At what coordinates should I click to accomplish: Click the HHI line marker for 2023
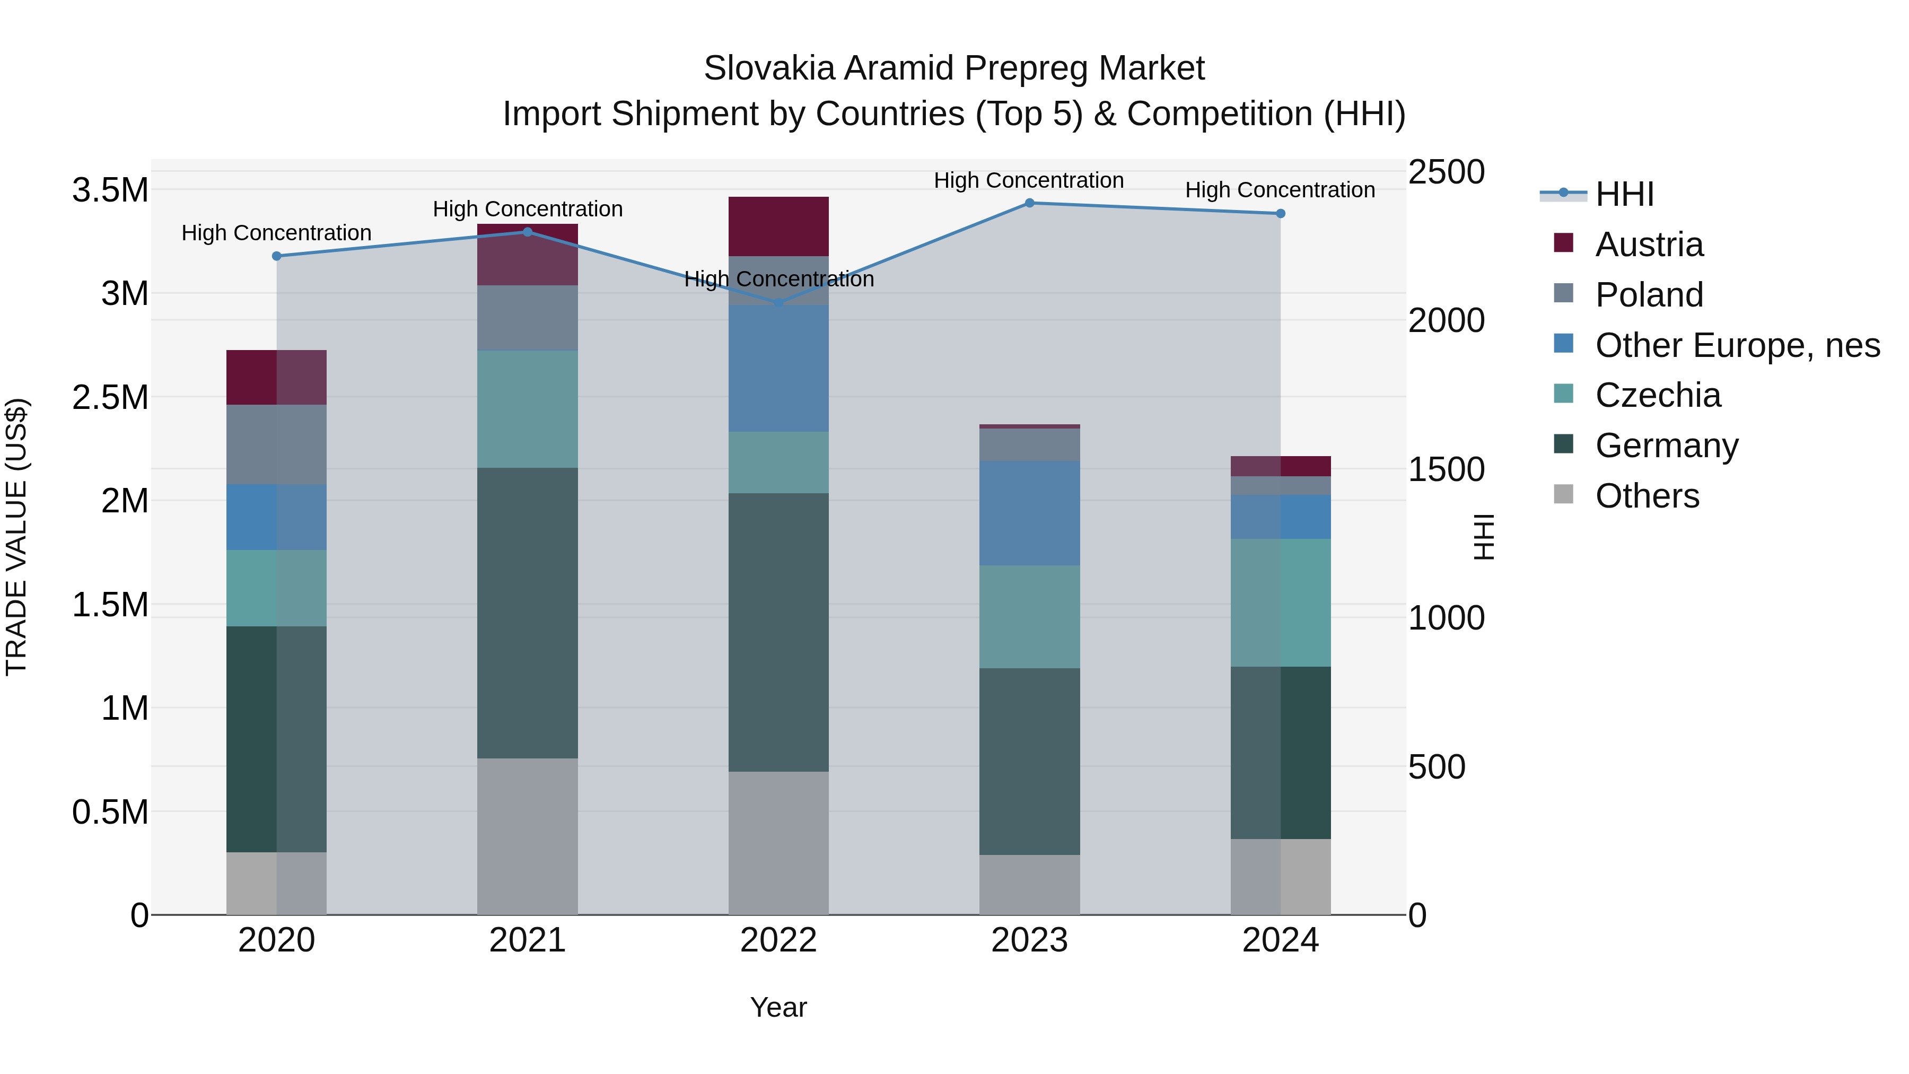[x=1029, y=203]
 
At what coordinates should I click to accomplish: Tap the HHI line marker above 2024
[x=1280, y=213]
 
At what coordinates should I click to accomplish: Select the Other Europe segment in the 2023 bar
[x=1029, y=513]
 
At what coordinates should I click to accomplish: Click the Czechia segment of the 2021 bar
[x=527, y=408]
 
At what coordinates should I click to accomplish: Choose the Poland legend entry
[x=1649, y=295]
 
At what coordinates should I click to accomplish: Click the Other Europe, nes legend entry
[x=1737, y=345]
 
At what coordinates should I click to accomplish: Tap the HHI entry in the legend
[x=1624, y=194]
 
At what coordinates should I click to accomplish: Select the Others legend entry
[x=1647, y=496]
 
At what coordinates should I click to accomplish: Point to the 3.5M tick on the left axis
[x=110, y=190]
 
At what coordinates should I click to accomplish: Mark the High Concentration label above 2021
[x=527, y=209]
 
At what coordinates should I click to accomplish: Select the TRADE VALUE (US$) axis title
[x=16, y=537]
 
